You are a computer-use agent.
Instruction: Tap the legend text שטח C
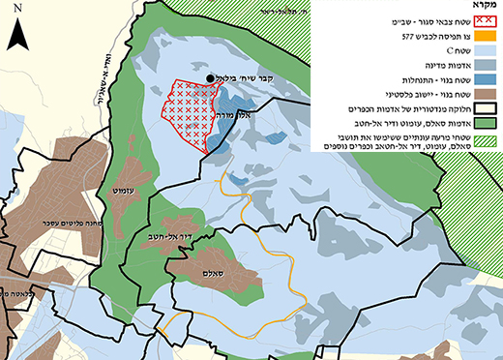point(445,63)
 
